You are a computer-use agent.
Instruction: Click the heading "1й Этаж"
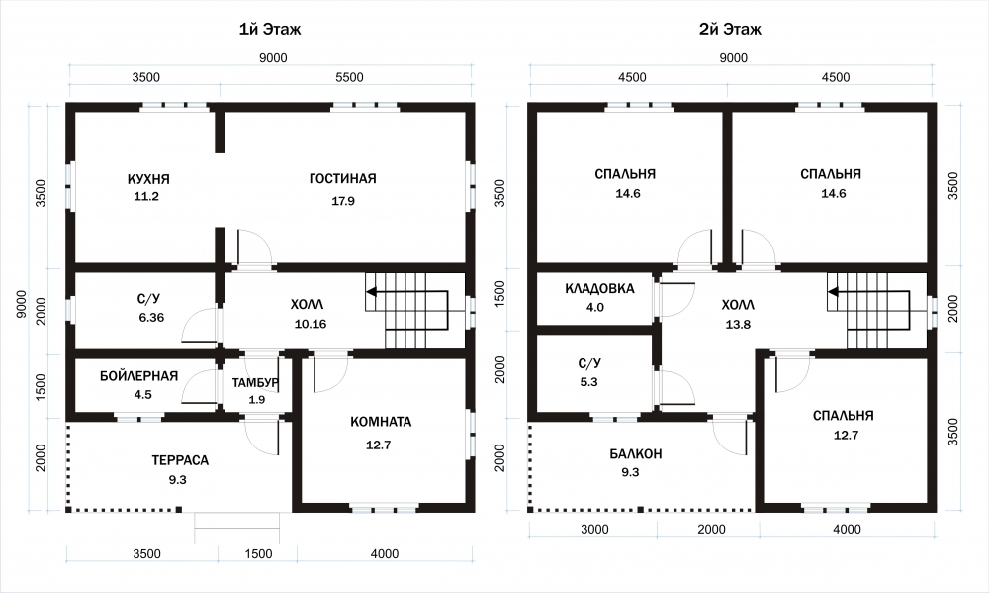coord(270,29)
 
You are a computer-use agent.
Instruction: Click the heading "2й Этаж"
coord(730,29)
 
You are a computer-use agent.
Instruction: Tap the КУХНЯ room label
coord(148,179)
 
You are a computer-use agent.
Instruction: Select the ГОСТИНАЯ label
coord(342,179)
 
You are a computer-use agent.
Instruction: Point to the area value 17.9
coord(343,201)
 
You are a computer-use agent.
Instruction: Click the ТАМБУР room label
coord(255,383)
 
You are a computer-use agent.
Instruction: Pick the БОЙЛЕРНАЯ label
coord(138,376)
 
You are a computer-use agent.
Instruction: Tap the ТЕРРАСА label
coord(180,460)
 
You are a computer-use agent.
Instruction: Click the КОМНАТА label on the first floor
coord(381,422)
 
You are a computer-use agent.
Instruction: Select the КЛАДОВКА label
coord(599,289)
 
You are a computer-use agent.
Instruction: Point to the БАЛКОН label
coord(636,454)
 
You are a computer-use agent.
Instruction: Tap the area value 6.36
coord(151,318)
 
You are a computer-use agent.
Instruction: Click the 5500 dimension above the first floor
coord(349,77)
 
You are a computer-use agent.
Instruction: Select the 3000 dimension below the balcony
coord(594,530)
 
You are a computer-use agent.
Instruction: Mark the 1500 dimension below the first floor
coord(258,554)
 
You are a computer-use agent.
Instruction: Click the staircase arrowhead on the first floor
coord(371,292)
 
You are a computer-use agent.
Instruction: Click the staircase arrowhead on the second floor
coord(833,292)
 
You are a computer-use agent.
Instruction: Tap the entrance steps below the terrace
coord(236,528)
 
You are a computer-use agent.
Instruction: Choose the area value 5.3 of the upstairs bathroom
coord(588,382)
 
